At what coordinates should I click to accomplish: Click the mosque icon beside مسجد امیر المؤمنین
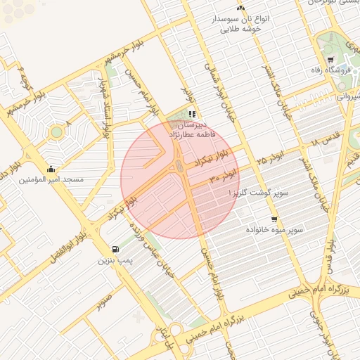point(51,169)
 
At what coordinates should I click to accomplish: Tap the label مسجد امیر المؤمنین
point(51,181)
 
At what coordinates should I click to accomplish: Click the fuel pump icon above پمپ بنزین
point(115,250)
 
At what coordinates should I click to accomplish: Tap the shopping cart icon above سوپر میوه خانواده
point(274,219)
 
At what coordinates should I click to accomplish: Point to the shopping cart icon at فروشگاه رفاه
point(330,58)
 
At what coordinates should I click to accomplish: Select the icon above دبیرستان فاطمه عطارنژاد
point(192,114)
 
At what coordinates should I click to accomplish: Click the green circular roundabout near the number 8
point(56,131)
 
